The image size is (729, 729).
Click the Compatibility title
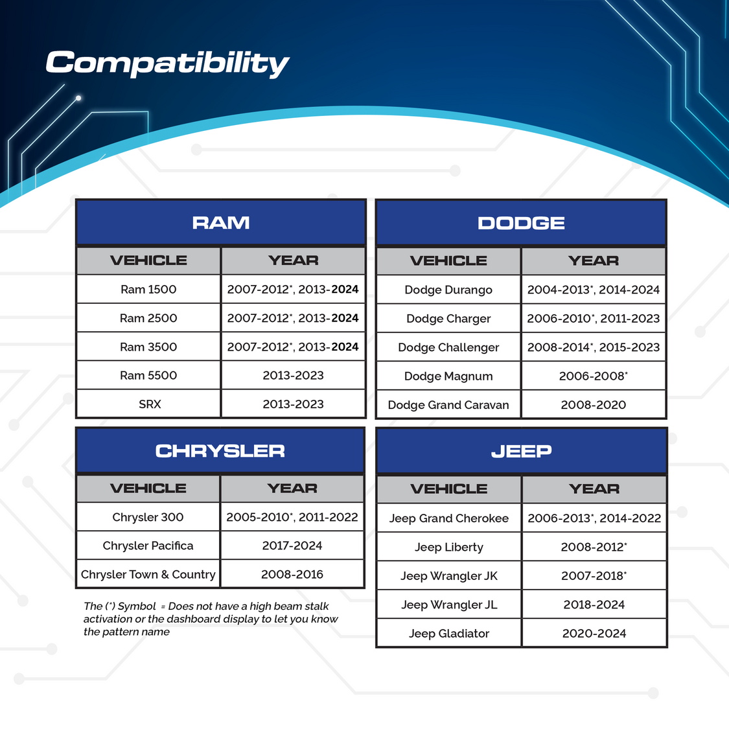tap(167, 64)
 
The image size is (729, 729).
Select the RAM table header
tap(221, 223)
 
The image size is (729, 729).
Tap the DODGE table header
tap(521, 223)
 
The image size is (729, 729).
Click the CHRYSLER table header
tap(220, 450)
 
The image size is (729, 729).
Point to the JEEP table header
tap(522, 451)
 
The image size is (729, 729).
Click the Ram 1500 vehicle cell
tap(148, 289)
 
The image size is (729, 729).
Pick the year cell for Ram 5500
tap(294, 375)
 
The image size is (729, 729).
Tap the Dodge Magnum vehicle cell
tap(448, 376)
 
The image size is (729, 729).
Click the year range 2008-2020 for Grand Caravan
tap(593, 405)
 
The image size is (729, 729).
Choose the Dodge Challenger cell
tap(448, 347)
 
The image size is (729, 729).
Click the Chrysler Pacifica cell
tap(148, 546)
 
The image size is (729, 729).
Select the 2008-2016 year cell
tap(292, 574)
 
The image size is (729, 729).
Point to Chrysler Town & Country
tap(148, 574)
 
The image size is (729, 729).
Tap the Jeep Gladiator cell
tap(449, 633)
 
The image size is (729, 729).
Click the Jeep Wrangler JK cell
tap(449, 575)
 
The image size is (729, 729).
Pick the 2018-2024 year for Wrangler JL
tap(594, 605)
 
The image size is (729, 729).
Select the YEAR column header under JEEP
tap(594, 489)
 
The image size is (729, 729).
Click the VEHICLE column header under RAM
tap(148, 260)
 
